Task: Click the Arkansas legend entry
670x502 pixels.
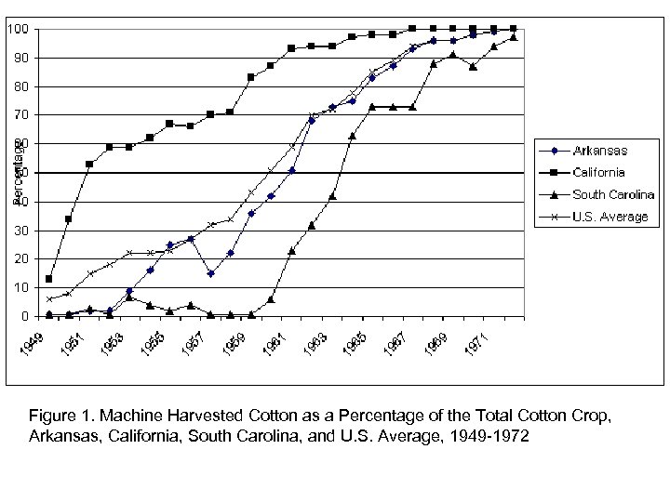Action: (599, 151)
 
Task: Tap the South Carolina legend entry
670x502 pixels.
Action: (613, 194)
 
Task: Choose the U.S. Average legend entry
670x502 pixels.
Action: (610, 217)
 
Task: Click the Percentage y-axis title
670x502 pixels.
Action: (17, 172)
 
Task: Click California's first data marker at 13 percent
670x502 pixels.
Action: (48, 279)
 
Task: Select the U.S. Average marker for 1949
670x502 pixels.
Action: (48, 298)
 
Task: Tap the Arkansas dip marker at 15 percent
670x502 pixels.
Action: (211, 273)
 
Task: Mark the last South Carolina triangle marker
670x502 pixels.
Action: (514, 37)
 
